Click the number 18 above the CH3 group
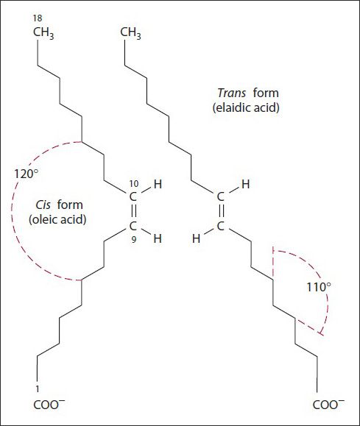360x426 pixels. pyautogui.click(x=38, y=18)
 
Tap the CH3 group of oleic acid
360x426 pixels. pyautogui.click(x=43, y=33)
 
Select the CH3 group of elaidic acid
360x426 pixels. pyautogui.click(x=130, y=33)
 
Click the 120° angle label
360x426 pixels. pyautogui.click(x=26, y=174)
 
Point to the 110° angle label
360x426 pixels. pyautogui.click(x=319, y=287)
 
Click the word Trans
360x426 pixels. pyautogui.click(x=232, y=93)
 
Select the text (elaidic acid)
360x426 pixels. pyautogui.click(x=246, y=107)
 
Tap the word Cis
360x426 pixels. pyautogui.click(x=43, y=205)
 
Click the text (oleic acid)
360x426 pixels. pyautogui.click(x=57, y=219)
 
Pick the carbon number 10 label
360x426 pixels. pyautogui.click(x=134, y=184)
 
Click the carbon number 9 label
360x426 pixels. pyautogui.click(x=134, y=240)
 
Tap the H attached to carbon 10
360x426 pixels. pyautogui.click(x=158, y=184)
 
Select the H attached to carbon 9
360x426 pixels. pyautogui.click(x=158, y=238)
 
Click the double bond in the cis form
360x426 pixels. pyautogui.click(x=133, y=211)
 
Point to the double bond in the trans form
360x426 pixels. pyautogui.click(x=221, y=211)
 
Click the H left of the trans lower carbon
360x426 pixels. pyautogui.click(x=196, y=239)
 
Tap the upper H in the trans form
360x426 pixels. pyautogui.click(x=246, y=184)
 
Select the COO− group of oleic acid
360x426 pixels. pyautogui.click(x=49, y=405)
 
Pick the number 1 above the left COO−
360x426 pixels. pyautogui.click(x=38, y=389)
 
